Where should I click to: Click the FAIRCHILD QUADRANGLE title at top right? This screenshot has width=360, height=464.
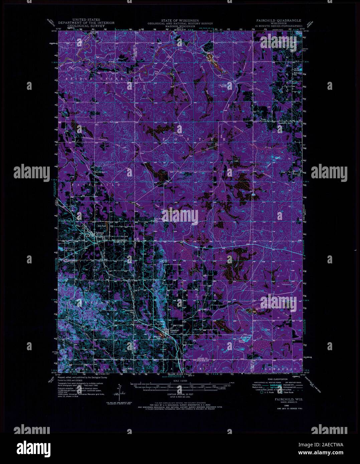click(277, 20)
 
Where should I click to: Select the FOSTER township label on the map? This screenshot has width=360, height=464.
click(192, 138)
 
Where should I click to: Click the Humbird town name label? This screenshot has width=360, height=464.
click(174, 330)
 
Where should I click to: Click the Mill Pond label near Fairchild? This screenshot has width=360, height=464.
click(97, 226)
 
